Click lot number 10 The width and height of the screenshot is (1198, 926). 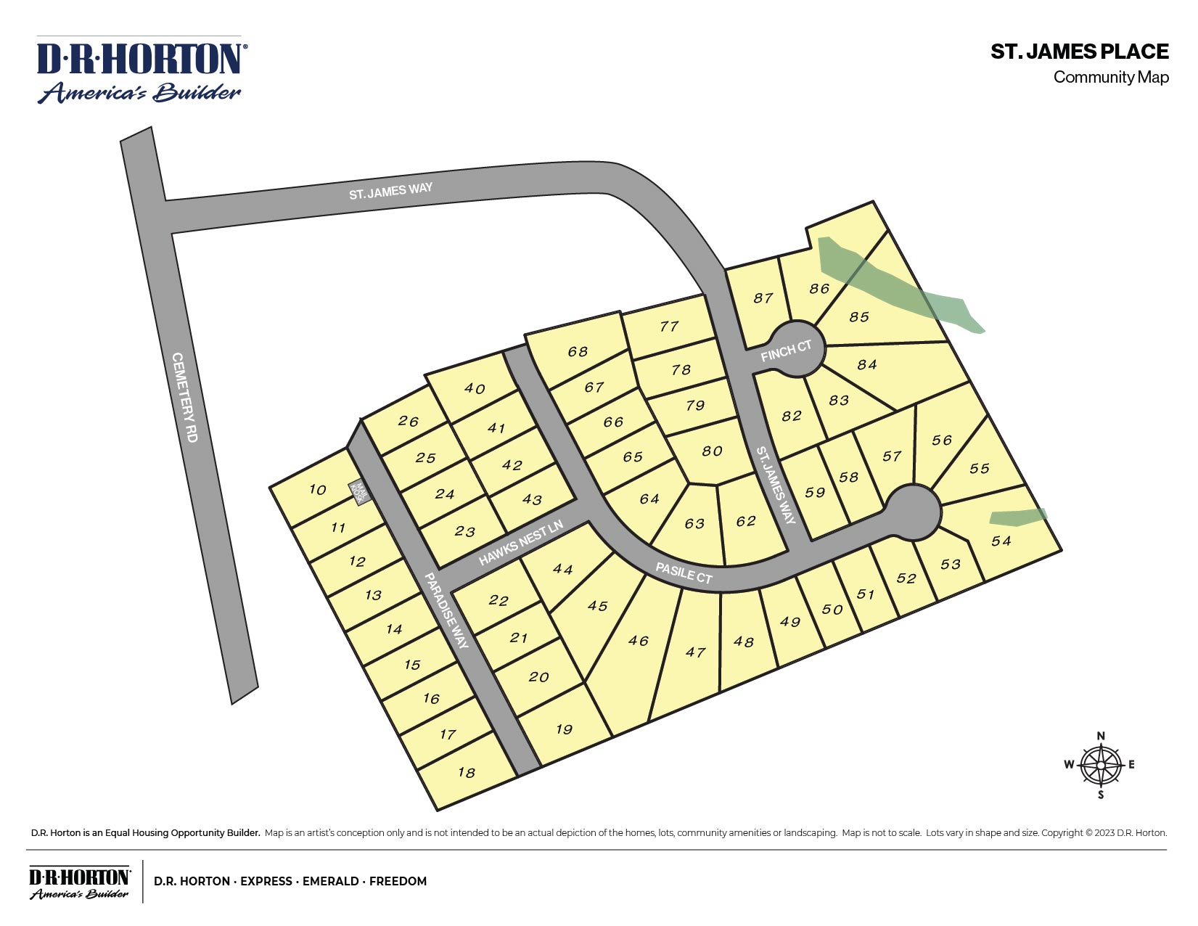tap(317, 490)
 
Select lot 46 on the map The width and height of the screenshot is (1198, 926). tap(638, 641)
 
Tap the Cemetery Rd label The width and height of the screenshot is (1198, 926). tap(185, 397)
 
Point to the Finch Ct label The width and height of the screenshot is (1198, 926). tap(786, 351)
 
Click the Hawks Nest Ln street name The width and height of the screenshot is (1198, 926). tap(520, 543)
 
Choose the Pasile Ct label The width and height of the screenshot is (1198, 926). tap(684, 573)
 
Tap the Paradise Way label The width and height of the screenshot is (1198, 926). tap(447, 610)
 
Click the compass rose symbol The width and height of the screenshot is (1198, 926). tap(1101, 766)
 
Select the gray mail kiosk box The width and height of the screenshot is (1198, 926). tap(359, 492)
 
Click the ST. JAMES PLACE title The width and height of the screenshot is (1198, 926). tap(1079, 52)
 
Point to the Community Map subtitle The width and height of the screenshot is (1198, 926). tap(1110, 77)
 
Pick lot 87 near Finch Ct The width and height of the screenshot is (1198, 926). tap(763, 298)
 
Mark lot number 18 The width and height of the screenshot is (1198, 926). tap(466, 772)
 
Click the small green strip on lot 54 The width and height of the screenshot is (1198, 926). tap(1018, 517)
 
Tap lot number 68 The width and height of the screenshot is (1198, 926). tap(578, 352)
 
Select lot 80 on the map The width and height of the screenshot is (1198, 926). tap(712, 451)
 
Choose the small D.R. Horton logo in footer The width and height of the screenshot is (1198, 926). tap(79, 882)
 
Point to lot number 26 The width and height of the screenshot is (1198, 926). tap(409, 422)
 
